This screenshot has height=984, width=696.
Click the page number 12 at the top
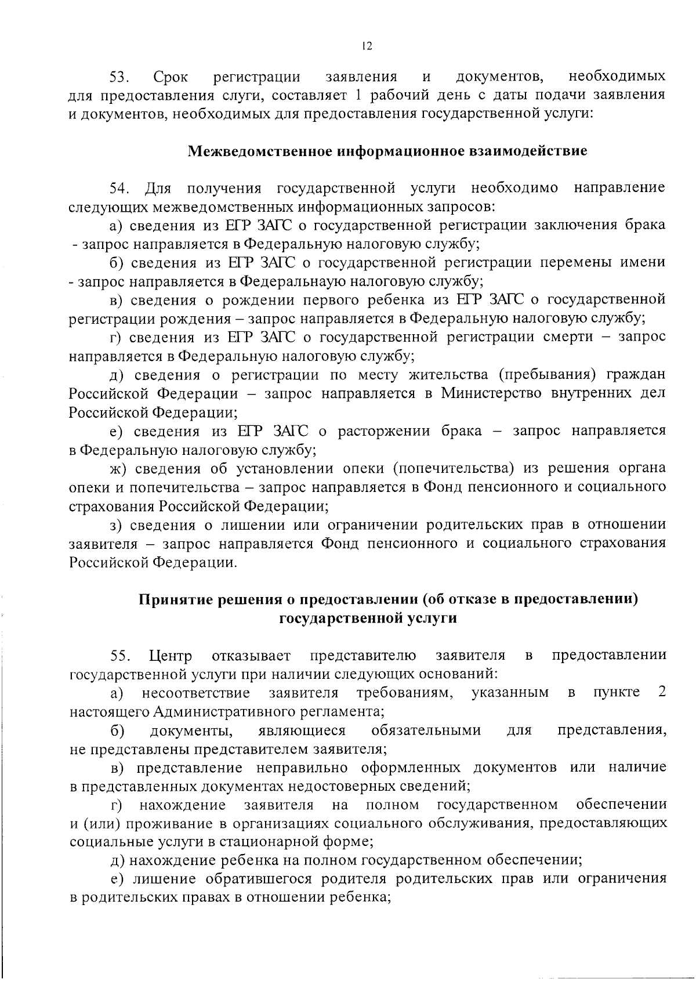pyautogui.click(x=365, y=47)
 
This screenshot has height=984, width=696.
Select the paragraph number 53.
pyautogui.click(x=120, y=77)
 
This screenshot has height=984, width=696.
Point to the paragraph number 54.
pyautogui.click(x=120, y=189)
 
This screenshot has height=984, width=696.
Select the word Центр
pyautogui.click(x=171, y=656)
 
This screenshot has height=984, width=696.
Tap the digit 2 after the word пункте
pyautogui.click(x=662, y=693)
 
